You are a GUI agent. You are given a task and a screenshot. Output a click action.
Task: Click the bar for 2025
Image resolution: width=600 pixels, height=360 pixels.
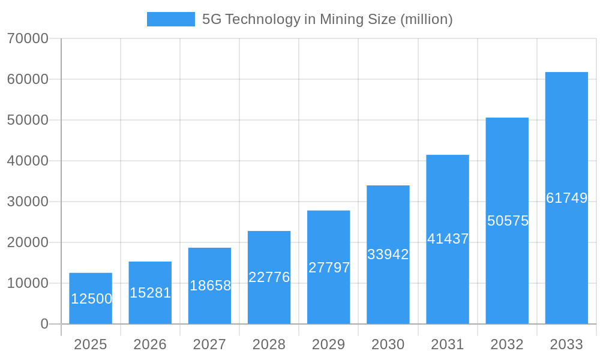coord(91,298)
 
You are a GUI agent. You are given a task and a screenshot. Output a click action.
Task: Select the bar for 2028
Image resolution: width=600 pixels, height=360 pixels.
coord(269,277)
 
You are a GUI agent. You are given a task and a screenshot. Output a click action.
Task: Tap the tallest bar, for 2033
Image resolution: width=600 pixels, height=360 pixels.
coord(566,198)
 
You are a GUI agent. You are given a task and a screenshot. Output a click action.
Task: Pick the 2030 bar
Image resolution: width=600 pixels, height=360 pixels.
coord(388,254)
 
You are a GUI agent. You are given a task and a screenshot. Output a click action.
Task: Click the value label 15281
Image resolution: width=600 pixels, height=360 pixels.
coord(151,293)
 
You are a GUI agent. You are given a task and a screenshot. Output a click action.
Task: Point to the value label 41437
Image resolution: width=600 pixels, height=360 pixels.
coord(448,239)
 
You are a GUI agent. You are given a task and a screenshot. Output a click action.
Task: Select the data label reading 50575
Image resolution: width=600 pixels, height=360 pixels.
coord(508,221)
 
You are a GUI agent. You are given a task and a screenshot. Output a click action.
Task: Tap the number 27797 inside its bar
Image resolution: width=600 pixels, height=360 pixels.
coord(329,268)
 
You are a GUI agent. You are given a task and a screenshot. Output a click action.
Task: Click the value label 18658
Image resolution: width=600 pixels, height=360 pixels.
coord(210,286)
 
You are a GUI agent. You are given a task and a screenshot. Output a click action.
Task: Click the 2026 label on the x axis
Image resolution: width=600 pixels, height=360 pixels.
coord(150,344)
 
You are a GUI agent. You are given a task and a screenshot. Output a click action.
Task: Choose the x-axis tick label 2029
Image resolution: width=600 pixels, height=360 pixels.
coord(329,344)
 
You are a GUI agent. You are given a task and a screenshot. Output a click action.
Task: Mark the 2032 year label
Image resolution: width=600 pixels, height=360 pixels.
coord(507,344)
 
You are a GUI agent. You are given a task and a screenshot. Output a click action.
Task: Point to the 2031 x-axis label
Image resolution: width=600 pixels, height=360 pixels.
coord(448,344)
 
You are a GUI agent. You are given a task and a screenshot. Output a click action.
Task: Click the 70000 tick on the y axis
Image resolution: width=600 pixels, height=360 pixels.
coord(28,38)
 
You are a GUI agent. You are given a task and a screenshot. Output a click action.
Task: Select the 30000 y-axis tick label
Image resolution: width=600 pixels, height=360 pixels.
coord(28,202)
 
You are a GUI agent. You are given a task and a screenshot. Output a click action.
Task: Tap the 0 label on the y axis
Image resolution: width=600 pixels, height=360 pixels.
coord(44,324)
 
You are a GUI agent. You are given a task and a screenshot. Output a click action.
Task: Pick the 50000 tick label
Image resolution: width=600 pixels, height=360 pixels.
coord(28,120)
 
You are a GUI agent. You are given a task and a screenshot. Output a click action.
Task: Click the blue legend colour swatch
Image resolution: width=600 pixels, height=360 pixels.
coord(171,19)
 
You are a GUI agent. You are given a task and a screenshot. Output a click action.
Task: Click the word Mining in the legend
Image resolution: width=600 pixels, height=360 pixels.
coord(340,19)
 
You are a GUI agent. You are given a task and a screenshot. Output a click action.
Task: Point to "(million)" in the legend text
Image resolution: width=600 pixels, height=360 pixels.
coord(425,19)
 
